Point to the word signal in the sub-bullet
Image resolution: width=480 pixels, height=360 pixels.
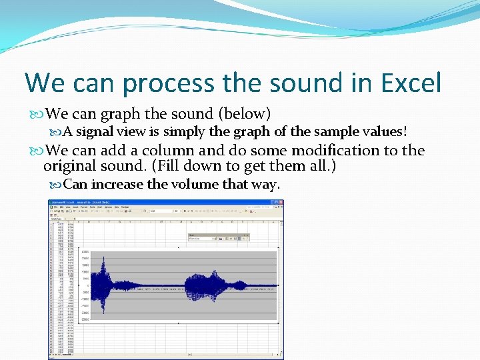coord(96,131)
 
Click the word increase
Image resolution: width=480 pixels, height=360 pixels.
coord(117,184)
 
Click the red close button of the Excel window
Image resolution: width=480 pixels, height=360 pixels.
coord(280,203)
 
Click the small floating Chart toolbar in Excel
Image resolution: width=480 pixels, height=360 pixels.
coord(219,237)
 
